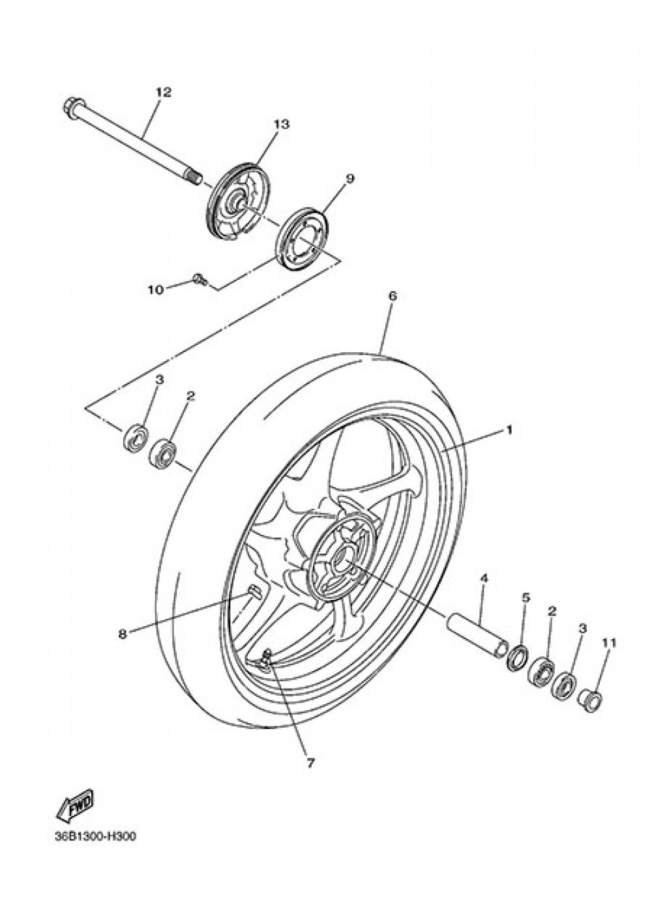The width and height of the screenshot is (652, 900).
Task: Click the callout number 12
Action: point(163,93)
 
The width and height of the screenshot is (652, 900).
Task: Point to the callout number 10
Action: point(155,290)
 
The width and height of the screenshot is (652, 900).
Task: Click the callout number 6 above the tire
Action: point(393,296)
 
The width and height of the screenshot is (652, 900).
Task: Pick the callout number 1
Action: point(509,430)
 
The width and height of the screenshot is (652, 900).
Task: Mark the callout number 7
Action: point(310,762)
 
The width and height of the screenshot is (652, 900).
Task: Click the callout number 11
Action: point(608,643)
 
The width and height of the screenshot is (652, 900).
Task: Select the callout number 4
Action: point(484,578)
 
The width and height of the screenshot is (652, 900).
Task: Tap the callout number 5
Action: point(526,597)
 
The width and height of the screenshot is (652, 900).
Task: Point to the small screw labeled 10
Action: point(200,280)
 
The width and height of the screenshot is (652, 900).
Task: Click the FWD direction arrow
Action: point(75,806)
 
